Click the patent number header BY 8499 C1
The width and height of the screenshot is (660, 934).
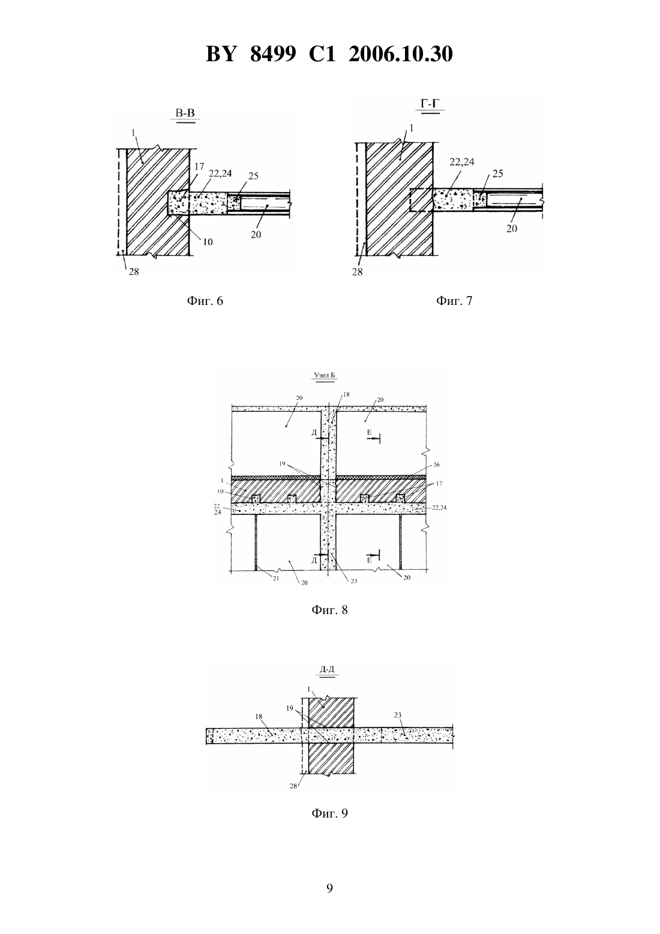(x=271, y=55)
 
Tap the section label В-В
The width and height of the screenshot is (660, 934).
(x=185, y=113)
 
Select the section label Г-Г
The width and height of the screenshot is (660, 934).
(x=430, y=103)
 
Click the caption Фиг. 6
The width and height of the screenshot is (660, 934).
(x=205, y=301)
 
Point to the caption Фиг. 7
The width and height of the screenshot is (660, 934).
(x=454, y=301)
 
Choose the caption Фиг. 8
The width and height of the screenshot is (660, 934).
(x=329, y=610)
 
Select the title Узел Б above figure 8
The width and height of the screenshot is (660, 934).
(x=325, y=375)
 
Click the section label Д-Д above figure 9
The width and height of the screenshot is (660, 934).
(x=326, y=670)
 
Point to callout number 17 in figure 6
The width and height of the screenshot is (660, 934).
(x=199, y=167)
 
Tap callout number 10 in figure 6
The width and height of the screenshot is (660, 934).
(x=208, y=242)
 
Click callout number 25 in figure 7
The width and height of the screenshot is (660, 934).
(x=498, y=174)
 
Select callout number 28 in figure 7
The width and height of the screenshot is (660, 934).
(x=358, y=272)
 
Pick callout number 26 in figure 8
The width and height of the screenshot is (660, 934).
(x=436, y=465)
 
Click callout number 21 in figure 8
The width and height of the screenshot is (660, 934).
(x=276, y=578)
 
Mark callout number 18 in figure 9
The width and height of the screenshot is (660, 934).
(x=259, y=716)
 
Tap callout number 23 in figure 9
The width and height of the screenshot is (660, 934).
(x=398, y=715)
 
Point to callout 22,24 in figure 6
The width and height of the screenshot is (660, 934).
(x=220, y=174)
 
